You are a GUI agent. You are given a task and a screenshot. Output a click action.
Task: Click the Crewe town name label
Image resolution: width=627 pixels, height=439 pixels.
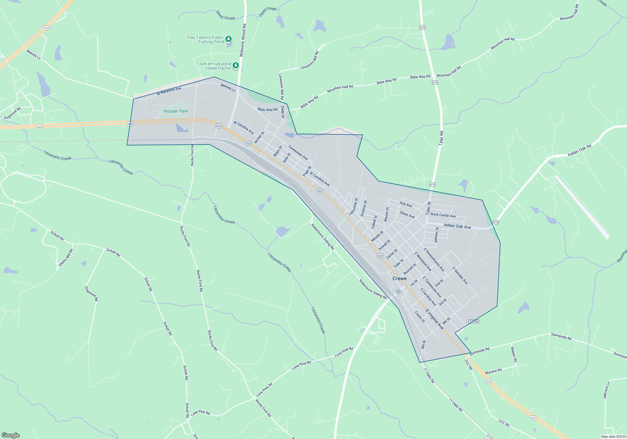tap(399, 278)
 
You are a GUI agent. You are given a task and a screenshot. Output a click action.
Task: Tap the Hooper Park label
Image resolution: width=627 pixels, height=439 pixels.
tap(176, 111)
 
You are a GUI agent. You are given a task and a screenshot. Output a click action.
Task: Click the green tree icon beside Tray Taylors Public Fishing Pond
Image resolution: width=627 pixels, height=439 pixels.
tap(229, 39)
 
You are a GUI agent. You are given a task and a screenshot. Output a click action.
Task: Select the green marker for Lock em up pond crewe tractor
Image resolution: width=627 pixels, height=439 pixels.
tap(236, 65)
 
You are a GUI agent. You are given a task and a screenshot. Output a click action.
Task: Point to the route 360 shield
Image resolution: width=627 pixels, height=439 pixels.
tap(47, 28)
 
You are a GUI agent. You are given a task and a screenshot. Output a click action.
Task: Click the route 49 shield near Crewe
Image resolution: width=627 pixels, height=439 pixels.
tap(398, 292)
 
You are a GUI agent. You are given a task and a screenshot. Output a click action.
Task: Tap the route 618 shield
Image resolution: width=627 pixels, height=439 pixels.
tap(496, 222)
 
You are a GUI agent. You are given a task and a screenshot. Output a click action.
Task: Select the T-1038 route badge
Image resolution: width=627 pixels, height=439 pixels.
tap(474, 321)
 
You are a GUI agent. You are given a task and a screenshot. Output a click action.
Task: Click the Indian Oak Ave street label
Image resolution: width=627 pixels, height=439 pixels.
tap(457, 226)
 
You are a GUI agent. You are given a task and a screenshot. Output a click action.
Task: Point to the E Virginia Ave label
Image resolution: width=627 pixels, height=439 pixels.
tap(435, 319)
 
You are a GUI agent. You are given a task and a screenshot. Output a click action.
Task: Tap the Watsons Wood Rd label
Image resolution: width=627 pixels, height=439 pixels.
tap(243, 40)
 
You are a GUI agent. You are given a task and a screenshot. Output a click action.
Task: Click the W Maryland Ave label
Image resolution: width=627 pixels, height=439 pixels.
tap(169, 91)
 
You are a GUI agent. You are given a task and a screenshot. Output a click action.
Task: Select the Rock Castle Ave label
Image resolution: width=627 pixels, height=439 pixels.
tap(443, 215)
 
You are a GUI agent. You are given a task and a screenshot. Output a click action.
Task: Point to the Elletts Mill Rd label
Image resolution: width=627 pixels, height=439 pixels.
tap(66, 258)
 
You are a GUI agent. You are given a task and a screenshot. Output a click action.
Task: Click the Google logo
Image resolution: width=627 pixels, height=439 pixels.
tap(11, 435)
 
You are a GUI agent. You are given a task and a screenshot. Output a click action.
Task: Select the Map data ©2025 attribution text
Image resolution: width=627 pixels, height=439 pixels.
tap(613, 436)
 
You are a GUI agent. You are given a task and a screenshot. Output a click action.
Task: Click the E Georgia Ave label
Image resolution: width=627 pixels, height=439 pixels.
tap(460, 276)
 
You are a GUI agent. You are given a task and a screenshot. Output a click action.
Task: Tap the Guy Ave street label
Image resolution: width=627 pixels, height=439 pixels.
tap(406, 204)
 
